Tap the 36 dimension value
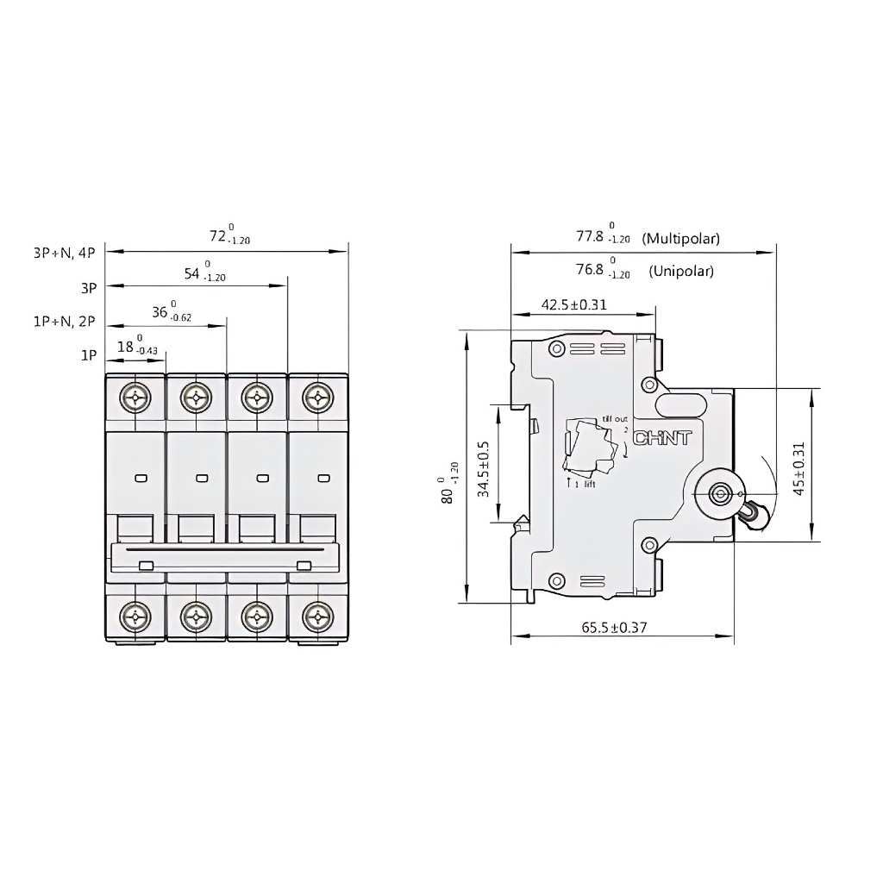[x=160, y=312]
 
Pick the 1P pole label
[x=89, y=355]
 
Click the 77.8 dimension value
[x=591, y=235]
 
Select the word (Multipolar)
[x=680, y=238]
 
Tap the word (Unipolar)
[x=681, y=271]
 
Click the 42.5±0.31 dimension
[x=573, y=304]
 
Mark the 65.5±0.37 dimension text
[x=613, y=628]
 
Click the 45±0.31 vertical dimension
[x=798, y=468]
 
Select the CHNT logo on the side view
[x=662, y=438]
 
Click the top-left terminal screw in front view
[x=136, y=398]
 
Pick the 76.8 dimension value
[x=591, y=269]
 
